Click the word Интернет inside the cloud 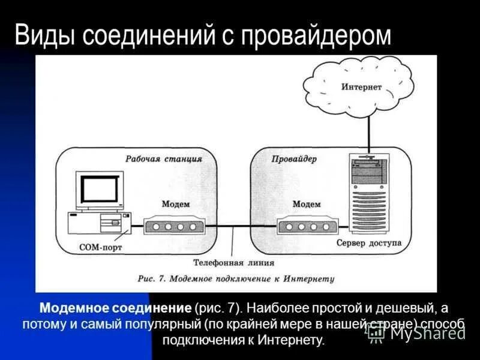(x=361, y=87)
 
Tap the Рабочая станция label (x=163, y=159)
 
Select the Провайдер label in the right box (x=294, y=159)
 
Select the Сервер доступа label (x=369, y=244)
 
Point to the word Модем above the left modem (x=175, y=204)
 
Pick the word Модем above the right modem (x=307, y=204)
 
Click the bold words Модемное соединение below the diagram (x=115, y=308)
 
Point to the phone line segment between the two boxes (x=240, y=226)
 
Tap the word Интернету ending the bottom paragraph (x=292, y=340)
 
